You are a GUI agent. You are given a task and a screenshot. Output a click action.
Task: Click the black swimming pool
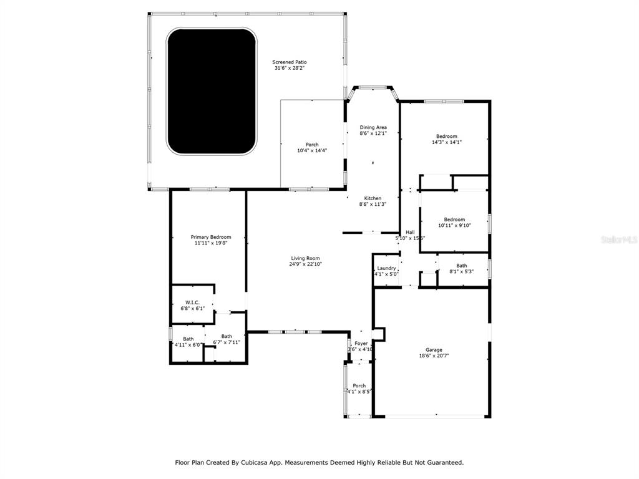coord(212,91)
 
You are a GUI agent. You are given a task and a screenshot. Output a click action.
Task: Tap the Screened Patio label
coord(290,62)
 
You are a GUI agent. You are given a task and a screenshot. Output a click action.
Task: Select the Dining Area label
coord(373,127)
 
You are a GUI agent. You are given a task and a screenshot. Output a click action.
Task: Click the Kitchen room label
coord(373,198)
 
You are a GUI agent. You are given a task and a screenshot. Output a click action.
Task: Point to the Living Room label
coord(305,258)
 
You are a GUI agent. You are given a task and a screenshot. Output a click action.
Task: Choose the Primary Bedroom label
coord(211,237)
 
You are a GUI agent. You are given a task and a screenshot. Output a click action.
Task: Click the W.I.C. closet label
coord(192,302)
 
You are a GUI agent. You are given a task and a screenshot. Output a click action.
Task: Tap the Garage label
coord(434,350)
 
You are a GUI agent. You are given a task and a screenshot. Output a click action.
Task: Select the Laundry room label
coord(386,268)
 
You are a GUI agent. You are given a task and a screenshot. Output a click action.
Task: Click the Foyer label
coord(361,344)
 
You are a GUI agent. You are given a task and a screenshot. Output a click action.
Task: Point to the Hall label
coord(410,232)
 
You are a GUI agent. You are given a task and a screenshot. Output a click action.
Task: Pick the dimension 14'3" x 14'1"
coord(446,142)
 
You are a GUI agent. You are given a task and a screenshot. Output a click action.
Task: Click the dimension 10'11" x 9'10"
coord(454,225)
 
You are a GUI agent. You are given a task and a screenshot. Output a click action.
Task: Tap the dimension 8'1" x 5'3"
coord(461,271)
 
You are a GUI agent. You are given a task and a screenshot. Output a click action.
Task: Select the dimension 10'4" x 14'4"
coord(312,150)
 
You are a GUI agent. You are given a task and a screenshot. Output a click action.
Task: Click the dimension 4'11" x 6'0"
coord(188,344)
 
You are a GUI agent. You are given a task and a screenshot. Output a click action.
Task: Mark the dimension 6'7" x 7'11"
coord(227,342)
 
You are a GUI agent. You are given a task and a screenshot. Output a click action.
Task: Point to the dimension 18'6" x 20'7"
coord(434,356)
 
